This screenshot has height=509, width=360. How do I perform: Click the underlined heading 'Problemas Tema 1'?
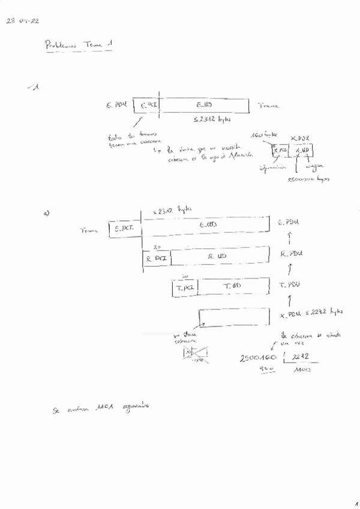point(78,45)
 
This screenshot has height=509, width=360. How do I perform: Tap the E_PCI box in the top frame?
point(147,105)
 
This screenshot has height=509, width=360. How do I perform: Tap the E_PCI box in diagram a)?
point(124,228)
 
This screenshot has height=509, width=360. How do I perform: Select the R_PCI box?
point(156,258)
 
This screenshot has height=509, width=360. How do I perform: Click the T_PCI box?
point(184,288)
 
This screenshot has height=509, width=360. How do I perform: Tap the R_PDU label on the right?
point(289,254)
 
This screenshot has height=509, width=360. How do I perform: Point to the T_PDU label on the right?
point(290,285)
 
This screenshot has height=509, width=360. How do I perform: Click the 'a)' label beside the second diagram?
point(46,213)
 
